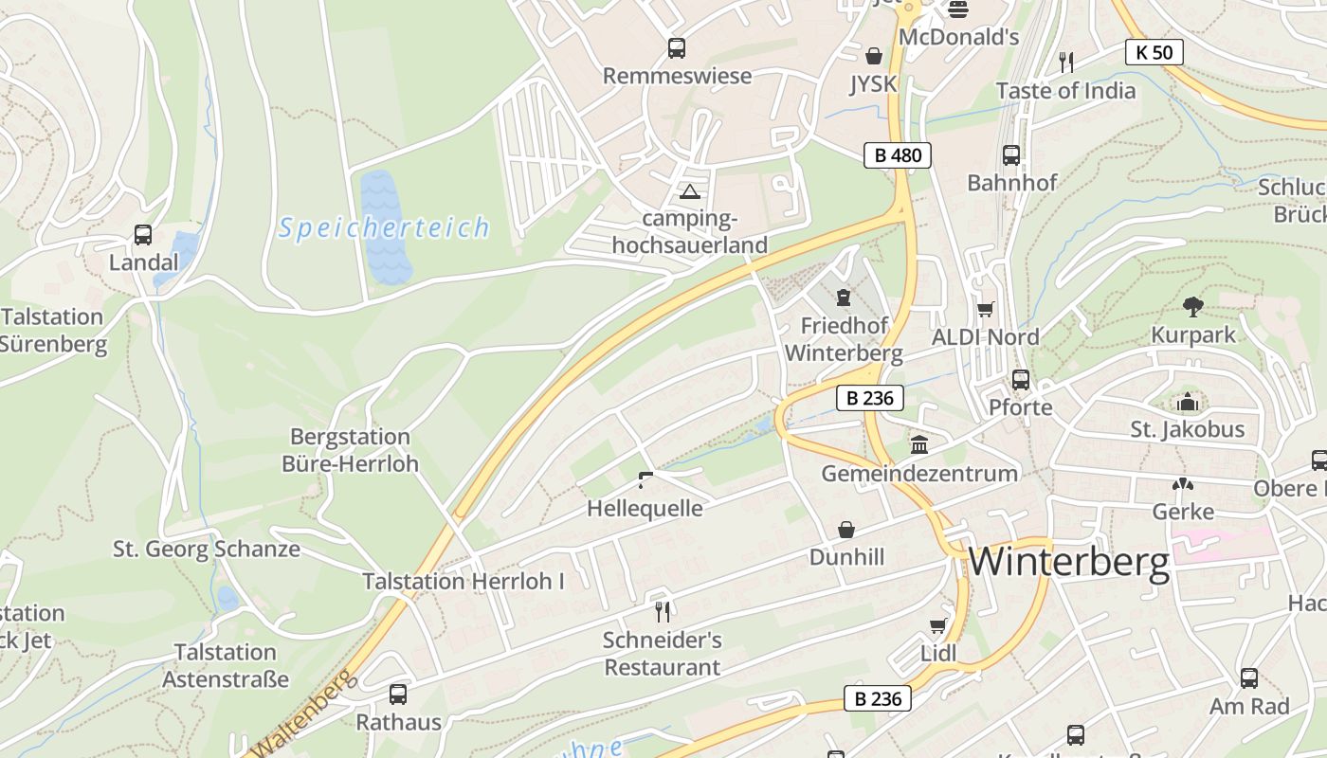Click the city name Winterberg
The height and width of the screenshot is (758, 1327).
[1068, 562]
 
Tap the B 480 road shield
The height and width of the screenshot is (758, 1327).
[897, 155]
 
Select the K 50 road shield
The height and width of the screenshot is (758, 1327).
[1154, 52]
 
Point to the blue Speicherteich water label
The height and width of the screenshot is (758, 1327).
[384, 228]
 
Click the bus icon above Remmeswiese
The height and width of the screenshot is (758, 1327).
[676, 48]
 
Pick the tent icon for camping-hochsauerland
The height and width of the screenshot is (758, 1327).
[689, 192]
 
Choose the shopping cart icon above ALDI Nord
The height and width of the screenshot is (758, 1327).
[986, 309]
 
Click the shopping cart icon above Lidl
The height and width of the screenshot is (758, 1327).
[937, 625]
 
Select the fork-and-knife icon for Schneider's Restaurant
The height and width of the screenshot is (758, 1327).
[663, 611]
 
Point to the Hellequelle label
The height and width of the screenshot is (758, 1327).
[645, 509]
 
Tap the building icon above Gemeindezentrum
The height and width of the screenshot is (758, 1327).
[919, 444]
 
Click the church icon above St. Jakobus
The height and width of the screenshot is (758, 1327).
[1187, 403]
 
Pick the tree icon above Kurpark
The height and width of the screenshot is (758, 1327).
[1192, 307]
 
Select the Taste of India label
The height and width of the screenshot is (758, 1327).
[1065, 91]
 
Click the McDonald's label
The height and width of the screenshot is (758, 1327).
[958, 37]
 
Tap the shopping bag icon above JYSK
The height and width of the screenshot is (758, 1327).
[873, 57]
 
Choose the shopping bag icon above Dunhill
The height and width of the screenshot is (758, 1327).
[845, 530]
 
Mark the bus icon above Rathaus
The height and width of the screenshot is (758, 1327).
[398, 695]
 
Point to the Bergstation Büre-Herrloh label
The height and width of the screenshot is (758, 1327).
[350, 450]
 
